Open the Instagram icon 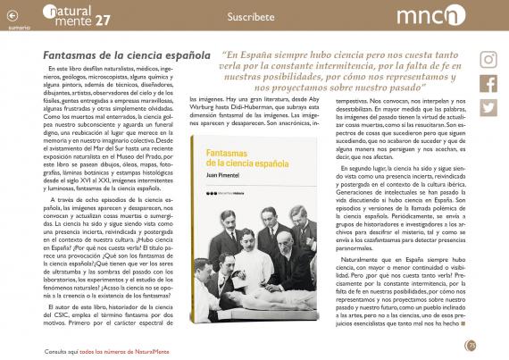(x=488, y=60)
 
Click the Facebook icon (x=488, y=84)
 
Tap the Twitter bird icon (x=488, y=107)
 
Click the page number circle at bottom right (x=471, y=345)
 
